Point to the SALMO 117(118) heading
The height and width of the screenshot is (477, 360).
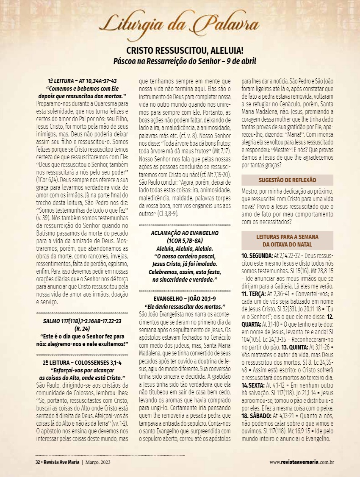(82, 321)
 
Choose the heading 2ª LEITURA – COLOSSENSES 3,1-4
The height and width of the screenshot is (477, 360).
(82, 363)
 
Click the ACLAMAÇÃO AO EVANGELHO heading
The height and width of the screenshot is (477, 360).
(185, 233)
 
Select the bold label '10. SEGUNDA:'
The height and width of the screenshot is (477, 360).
(257, 256)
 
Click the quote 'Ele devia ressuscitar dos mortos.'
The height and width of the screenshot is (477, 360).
(185, 306)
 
